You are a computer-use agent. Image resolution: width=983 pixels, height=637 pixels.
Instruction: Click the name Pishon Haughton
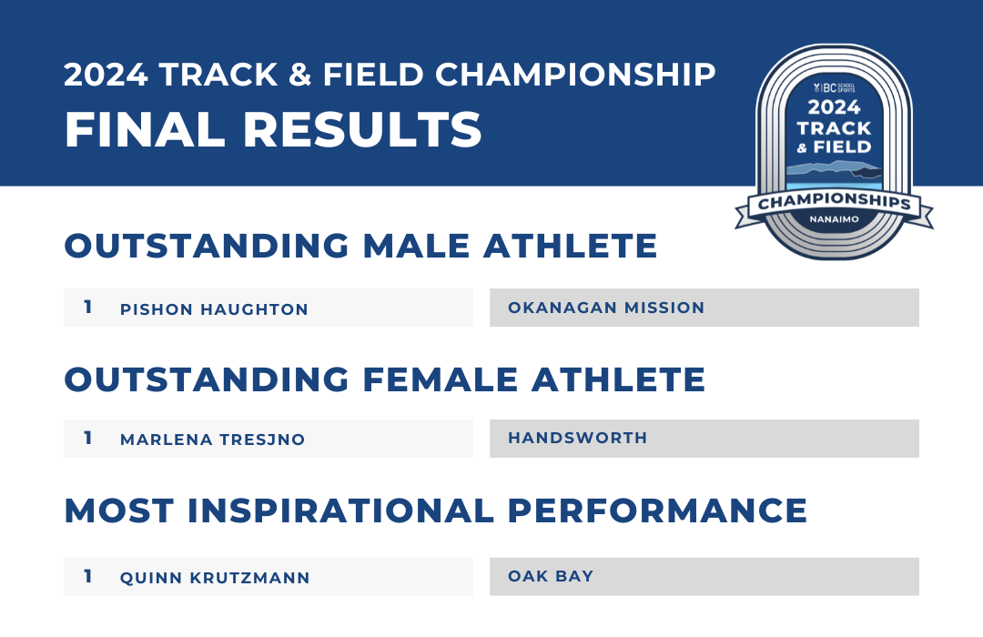[x=214, y=309]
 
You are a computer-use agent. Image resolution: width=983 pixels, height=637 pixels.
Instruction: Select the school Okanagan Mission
[x=606, y=308]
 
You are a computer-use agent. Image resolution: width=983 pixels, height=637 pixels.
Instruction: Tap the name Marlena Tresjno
[x=212, y=439]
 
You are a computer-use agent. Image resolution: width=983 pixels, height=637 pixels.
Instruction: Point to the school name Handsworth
[x=577, y=438]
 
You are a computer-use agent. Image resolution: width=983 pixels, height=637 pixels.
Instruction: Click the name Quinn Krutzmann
[x=215, y=578]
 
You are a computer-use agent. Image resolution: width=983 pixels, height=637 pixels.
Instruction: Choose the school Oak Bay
[x=551, y=575]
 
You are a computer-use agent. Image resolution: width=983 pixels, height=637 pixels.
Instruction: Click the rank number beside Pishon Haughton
[x=88, y=307]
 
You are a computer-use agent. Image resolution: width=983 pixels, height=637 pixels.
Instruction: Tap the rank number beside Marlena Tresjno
[x=88, y=438]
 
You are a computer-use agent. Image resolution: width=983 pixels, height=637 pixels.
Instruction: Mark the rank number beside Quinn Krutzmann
[x=88, y=575]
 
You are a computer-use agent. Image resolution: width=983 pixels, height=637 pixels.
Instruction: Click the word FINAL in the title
[x=145, y=130]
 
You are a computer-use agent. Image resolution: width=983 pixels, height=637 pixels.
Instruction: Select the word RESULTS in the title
[x=362, y=130]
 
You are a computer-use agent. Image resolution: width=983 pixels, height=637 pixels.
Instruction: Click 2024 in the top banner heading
[x=106, y=75]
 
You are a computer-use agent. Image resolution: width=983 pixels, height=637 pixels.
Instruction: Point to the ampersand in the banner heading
[x=300, y=75]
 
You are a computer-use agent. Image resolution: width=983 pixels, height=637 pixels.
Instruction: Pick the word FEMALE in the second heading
[x=441, y=380]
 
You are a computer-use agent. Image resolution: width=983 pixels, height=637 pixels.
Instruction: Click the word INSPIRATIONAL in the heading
[x=340, y=511]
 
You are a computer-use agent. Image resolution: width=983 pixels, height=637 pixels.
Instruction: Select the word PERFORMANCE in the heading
[x=657, y=511]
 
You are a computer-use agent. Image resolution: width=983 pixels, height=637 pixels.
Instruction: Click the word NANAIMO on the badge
[x=834, y=219]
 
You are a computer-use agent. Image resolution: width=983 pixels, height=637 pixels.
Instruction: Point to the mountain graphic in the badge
[x=834, y=169]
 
